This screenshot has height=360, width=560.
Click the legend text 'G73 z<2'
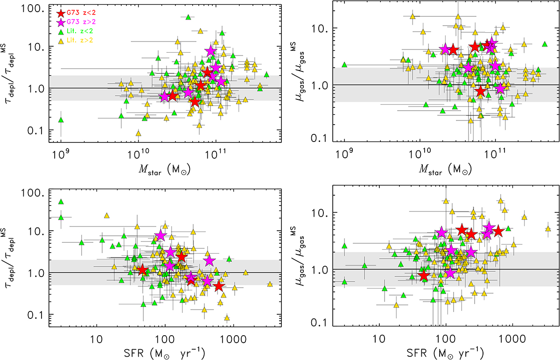(81, 14)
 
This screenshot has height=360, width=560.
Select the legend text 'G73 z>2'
(81, 22)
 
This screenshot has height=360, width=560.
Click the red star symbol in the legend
(60, 14)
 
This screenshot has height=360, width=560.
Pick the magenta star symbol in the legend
(60, 22)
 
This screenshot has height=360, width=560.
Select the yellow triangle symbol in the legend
(60, 39)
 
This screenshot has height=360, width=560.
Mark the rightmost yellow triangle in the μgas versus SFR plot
(548, 229)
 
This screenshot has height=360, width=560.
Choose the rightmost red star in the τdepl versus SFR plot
(219, 286)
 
